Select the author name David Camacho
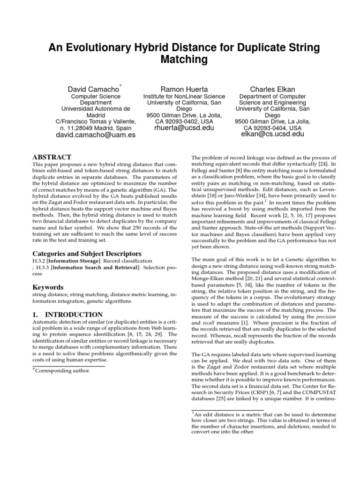(93, 89)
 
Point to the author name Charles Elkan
(272, 89)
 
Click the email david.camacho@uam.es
(96, 135)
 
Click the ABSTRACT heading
(52, 157)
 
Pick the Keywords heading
(48, 287)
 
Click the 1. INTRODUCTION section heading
(67, 315)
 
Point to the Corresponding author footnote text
(62, 371)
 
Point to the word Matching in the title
(183, 60)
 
